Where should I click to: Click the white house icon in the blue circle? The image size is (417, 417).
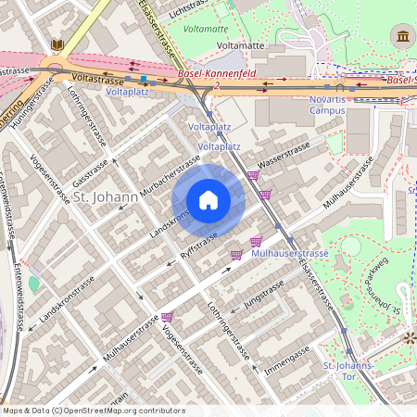coord(208,200)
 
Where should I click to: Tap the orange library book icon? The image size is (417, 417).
coord(57,44)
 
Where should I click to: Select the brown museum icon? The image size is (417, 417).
coord(403,36)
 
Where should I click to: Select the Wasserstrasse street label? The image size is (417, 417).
coord(284,155)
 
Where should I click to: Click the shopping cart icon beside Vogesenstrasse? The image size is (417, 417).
coord(167,316)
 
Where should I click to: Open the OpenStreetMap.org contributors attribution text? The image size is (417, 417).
coord(93,410)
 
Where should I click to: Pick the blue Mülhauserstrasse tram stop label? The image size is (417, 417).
coord(290,253)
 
